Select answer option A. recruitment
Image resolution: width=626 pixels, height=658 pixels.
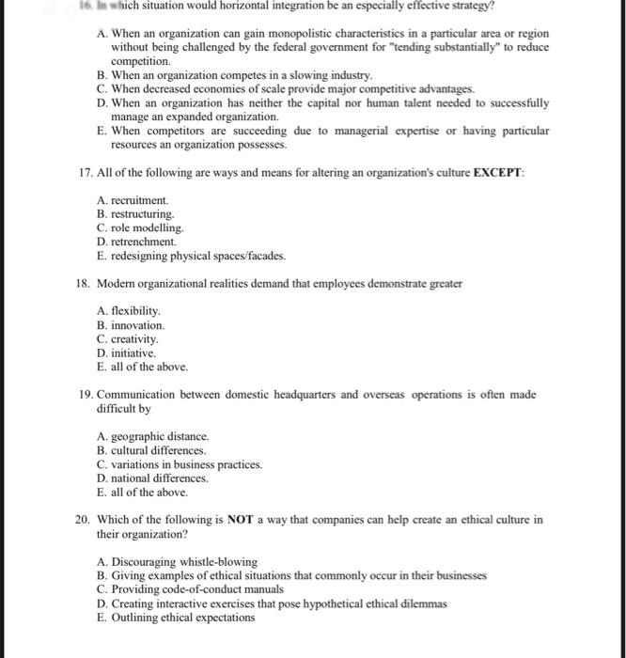tap(133, 201)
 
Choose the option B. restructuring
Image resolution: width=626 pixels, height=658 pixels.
tap(135, 214)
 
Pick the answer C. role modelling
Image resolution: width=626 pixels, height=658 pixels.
tap(140, 228)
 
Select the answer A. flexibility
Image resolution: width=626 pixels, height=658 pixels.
tap(129, 310)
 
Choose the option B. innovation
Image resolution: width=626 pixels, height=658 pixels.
tap(131, 324)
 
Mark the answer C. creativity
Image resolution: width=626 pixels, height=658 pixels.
tap(128, 338)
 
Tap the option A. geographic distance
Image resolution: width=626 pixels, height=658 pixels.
tap(153, 437)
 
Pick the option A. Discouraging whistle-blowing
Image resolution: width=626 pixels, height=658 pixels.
tap(177, 561)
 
